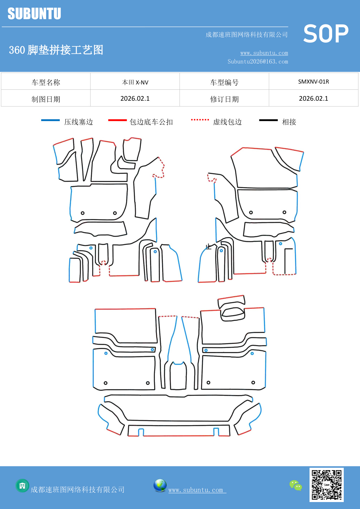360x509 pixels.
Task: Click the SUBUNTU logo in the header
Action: [34, 14]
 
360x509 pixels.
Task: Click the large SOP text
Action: [326, 34]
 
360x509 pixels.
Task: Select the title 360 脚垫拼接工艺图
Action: [56, 50]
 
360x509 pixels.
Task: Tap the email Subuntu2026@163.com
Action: [258, 62]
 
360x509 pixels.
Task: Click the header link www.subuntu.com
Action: [264, 53]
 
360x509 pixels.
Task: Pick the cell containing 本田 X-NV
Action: [135, 82]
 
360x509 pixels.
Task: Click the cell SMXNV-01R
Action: [313, 82]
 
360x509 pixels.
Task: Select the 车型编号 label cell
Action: [224, 82]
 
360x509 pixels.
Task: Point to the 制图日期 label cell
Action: [46, 99]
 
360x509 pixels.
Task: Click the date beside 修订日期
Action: [313, 98]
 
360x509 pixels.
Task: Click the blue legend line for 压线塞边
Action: [50, 120]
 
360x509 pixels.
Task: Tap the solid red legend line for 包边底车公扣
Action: [117, 120]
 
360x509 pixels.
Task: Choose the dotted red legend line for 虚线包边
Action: [200, 120]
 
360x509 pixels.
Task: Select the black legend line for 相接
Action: [268, 120]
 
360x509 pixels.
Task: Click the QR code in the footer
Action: [326, 485]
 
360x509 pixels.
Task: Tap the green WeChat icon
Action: [296, 485]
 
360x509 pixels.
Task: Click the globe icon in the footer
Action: [160, 485]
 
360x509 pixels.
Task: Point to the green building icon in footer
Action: [22, 485]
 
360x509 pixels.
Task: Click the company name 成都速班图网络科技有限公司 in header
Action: [247, 35]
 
